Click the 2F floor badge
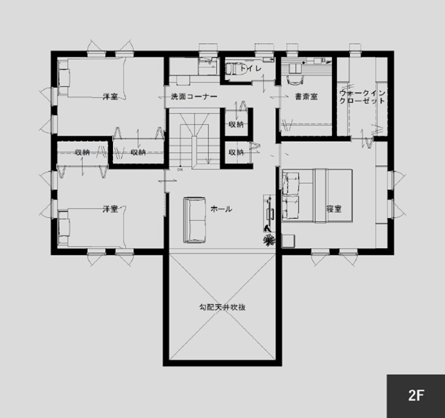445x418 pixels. coord(416,395)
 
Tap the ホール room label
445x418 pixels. coord(221,208)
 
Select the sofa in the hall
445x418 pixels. coord(194,219)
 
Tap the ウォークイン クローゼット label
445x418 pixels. coord(362,97)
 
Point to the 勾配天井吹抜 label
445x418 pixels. coord(222,308)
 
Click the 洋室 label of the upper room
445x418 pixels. coord(110,97)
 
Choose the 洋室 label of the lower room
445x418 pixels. coord(110,208)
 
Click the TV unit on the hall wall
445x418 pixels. coord(269,212)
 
